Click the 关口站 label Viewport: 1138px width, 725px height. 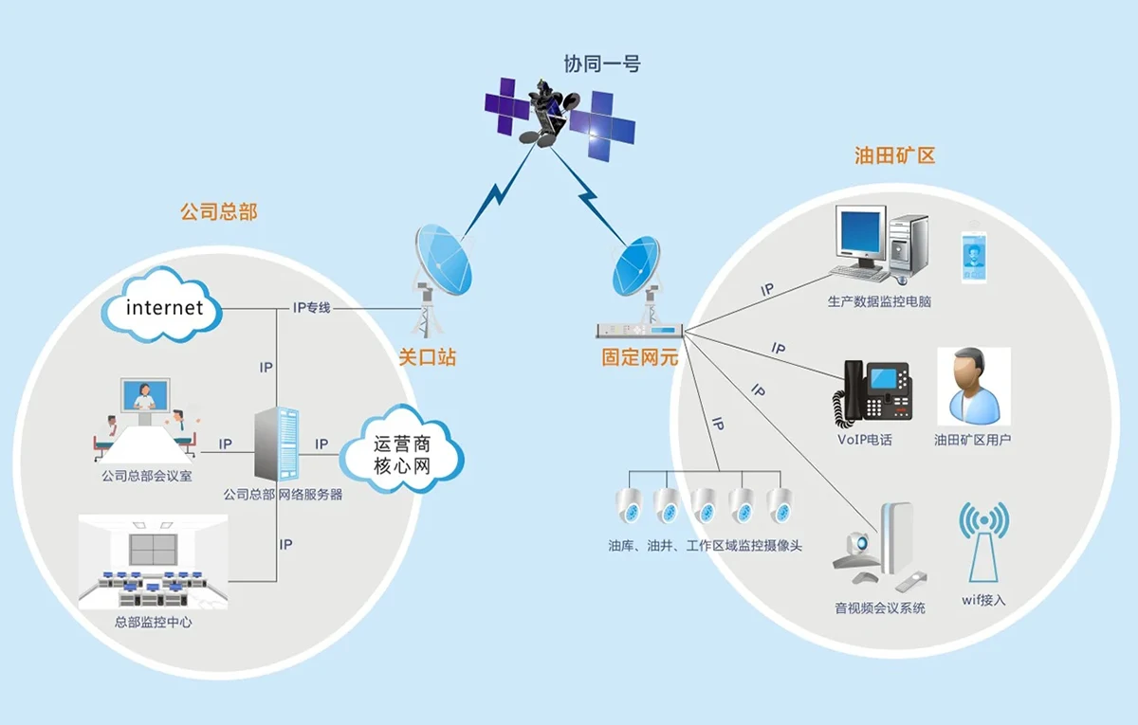[x=427, y=358]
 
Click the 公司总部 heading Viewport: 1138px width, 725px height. [x=219, y=211]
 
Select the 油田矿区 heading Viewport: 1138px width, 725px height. [x=894, y=155]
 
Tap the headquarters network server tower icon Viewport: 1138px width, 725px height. [x=278, y=445]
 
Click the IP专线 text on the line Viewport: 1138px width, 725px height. [x=311, y=308]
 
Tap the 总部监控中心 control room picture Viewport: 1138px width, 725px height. [x=153, y=562]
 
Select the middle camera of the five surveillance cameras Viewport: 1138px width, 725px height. [x=704, y=505]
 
